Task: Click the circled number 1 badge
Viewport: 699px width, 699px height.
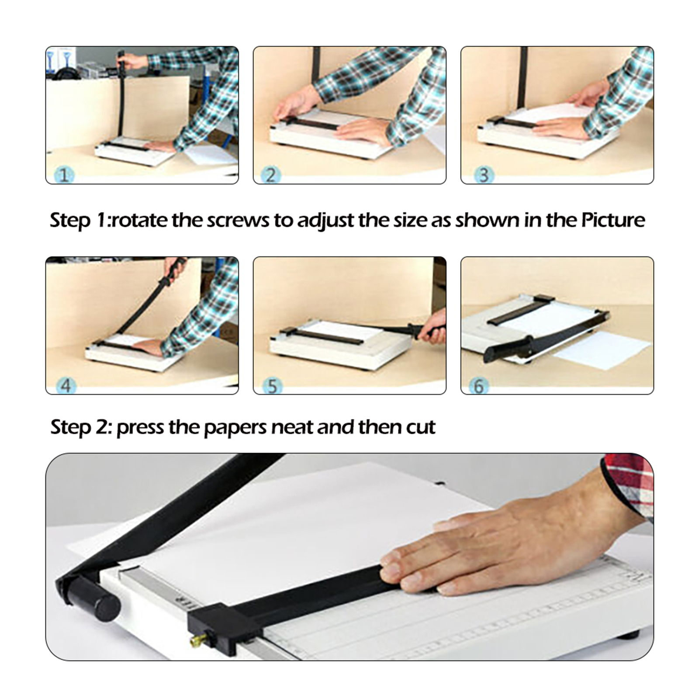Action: click(x=64, y=175)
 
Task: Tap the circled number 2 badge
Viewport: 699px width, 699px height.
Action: click(x=271, y=175)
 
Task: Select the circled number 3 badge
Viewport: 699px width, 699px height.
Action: click(x=484, y=175)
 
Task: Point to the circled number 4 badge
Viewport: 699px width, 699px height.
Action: click(x=66, y=386)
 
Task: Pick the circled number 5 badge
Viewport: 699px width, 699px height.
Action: click(x=273, y=386)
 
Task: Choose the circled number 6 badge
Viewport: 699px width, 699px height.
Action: click(x=478, y=386)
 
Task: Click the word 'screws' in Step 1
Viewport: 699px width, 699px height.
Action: click(x=238, y=221)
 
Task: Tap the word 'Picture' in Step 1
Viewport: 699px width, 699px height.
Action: click(x=613, y=220)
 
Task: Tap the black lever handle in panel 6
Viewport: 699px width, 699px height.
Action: click(x=546, y=336)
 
